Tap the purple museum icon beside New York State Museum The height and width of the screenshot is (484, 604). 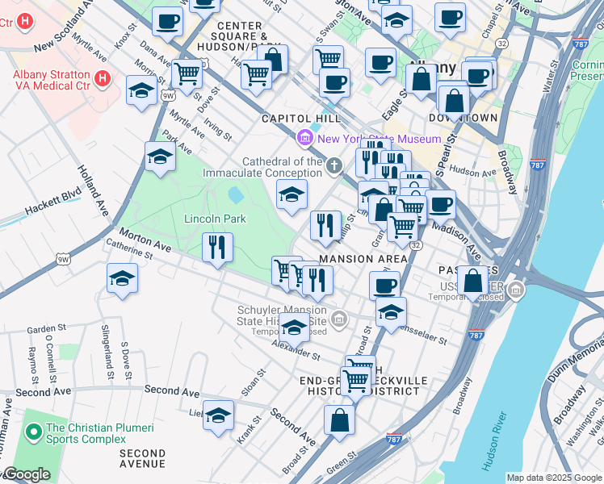tap(305, 139)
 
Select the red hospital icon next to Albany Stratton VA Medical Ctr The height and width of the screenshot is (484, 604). tap(103, 78)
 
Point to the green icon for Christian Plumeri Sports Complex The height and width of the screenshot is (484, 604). tap(33, 433)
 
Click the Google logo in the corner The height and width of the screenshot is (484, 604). tap(26, 474)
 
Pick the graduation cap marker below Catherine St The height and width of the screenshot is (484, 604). tap(122, 278)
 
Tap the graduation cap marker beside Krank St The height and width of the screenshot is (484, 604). tap(218, 415)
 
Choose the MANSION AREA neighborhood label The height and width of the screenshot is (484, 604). tap(363, 259)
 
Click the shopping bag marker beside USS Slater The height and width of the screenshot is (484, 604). tap(474, 282)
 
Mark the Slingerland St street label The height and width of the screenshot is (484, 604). tap(107, 352)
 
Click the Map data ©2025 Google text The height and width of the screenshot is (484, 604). tap(553, 478)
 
